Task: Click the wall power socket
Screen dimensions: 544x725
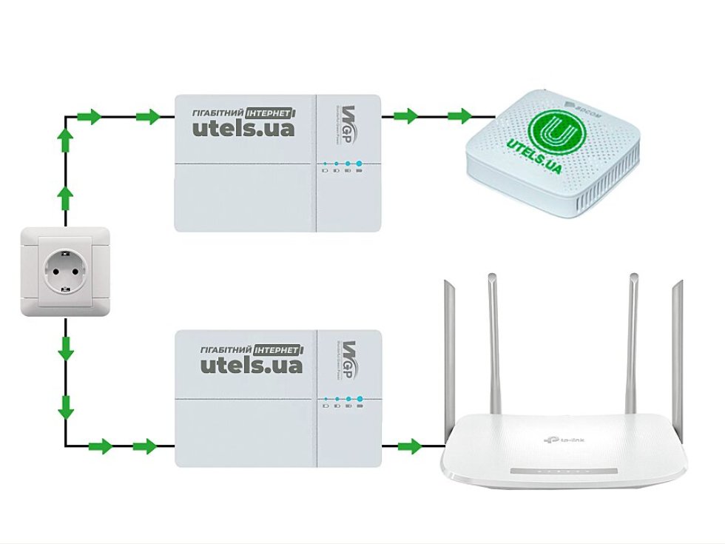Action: [65, 272]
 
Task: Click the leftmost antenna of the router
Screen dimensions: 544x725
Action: [447, 355]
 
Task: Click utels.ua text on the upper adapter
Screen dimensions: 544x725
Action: [243, 128]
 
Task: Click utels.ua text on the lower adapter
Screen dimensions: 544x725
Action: [251, 364]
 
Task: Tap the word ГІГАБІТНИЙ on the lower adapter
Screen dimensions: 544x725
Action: [227, 349]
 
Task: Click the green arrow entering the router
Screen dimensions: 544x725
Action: [408, 446]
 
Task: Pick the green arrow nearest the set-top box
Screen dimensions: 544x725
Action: [460, 115]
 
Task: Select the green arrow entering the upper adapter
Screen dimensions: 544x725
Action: [149, 116]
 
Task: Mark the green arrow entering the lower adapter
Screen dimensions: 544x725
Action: [145, 446]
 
